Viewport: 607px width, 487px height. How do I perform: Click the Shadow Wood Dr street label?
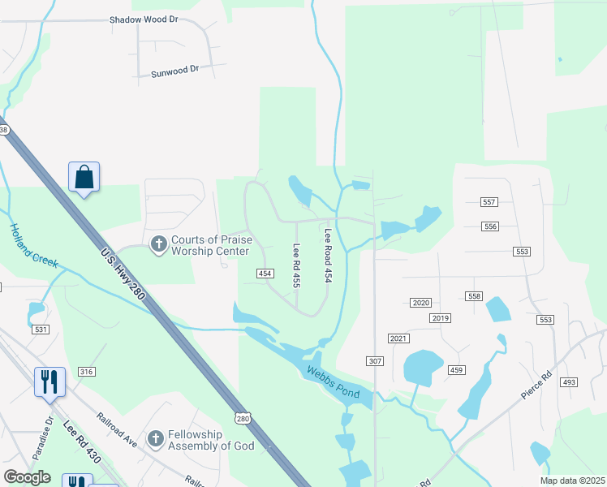144,19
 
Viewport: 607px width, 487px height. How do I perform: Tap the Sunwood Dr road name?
174,72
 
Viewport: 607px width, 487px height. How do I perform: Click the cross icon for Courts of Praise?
158,243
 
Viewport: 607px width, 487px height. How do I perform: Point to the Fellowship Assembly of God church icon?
156,438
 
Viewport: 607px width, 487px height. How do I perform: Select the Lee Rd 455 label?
297,266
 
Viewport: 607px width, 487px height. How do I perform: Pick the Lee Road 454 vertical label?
329,255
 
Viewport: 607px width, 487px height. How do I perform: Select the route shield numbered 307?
374,360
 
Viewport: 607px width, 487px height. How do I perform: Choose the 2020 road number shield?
420,302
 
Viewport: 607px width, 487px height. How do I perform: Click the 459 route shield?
456,370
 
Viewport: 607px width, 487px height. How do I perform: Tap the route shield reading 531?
41,329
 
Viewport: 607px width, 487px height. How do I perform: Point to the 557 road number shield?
489,201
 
